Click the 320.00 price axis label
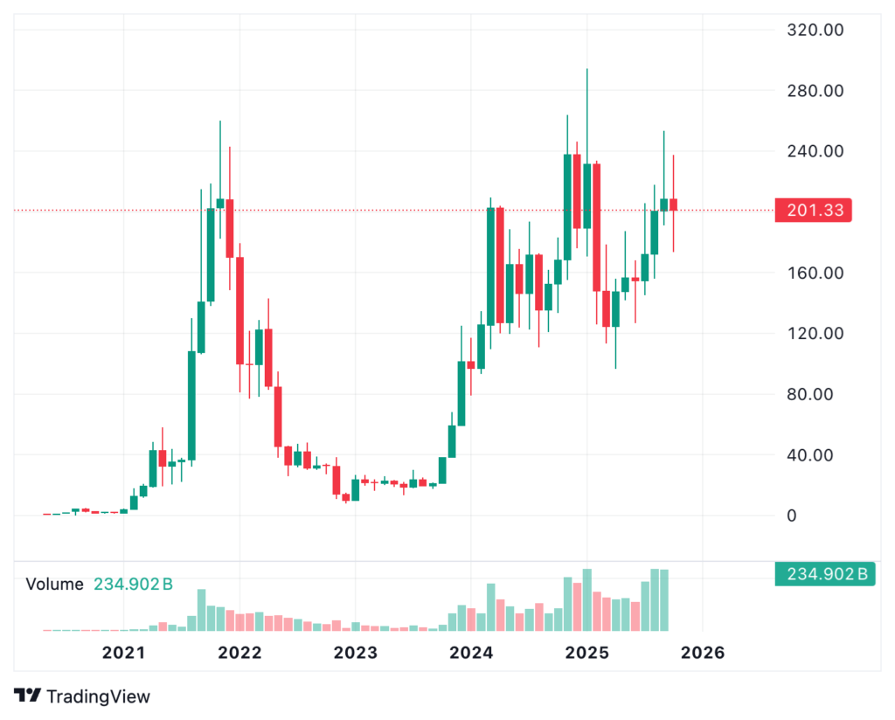815,30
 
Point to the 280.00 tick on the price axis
815,91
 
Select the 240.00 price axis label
815,151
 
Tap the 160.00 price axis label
815,273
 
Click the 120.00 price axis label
815,333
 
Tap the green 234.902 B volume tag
825,574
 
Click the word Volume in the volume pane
55,585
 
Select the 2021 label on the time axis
123,652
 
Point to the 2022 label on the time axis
239,652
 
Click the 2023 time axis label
355,652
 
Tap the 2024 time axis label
471,652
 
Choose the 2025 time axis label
586,652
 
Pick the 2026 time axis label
703,652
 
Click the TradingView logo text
98,696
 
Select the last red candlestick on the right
673,204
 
